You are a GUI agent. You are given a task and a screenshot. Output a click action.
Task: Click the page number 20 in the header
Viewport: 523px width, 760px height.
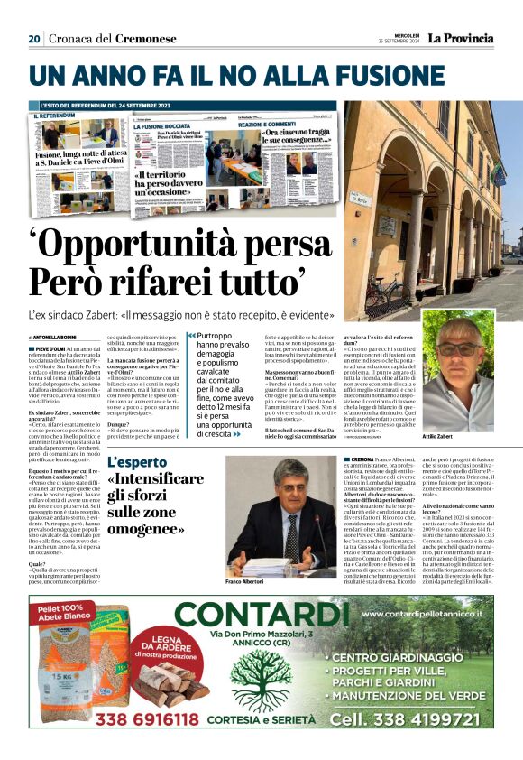(34, 39)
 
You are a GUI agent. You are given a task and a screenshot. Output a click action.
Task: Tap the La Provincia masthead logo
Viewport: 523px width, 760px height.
(460, 38)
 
